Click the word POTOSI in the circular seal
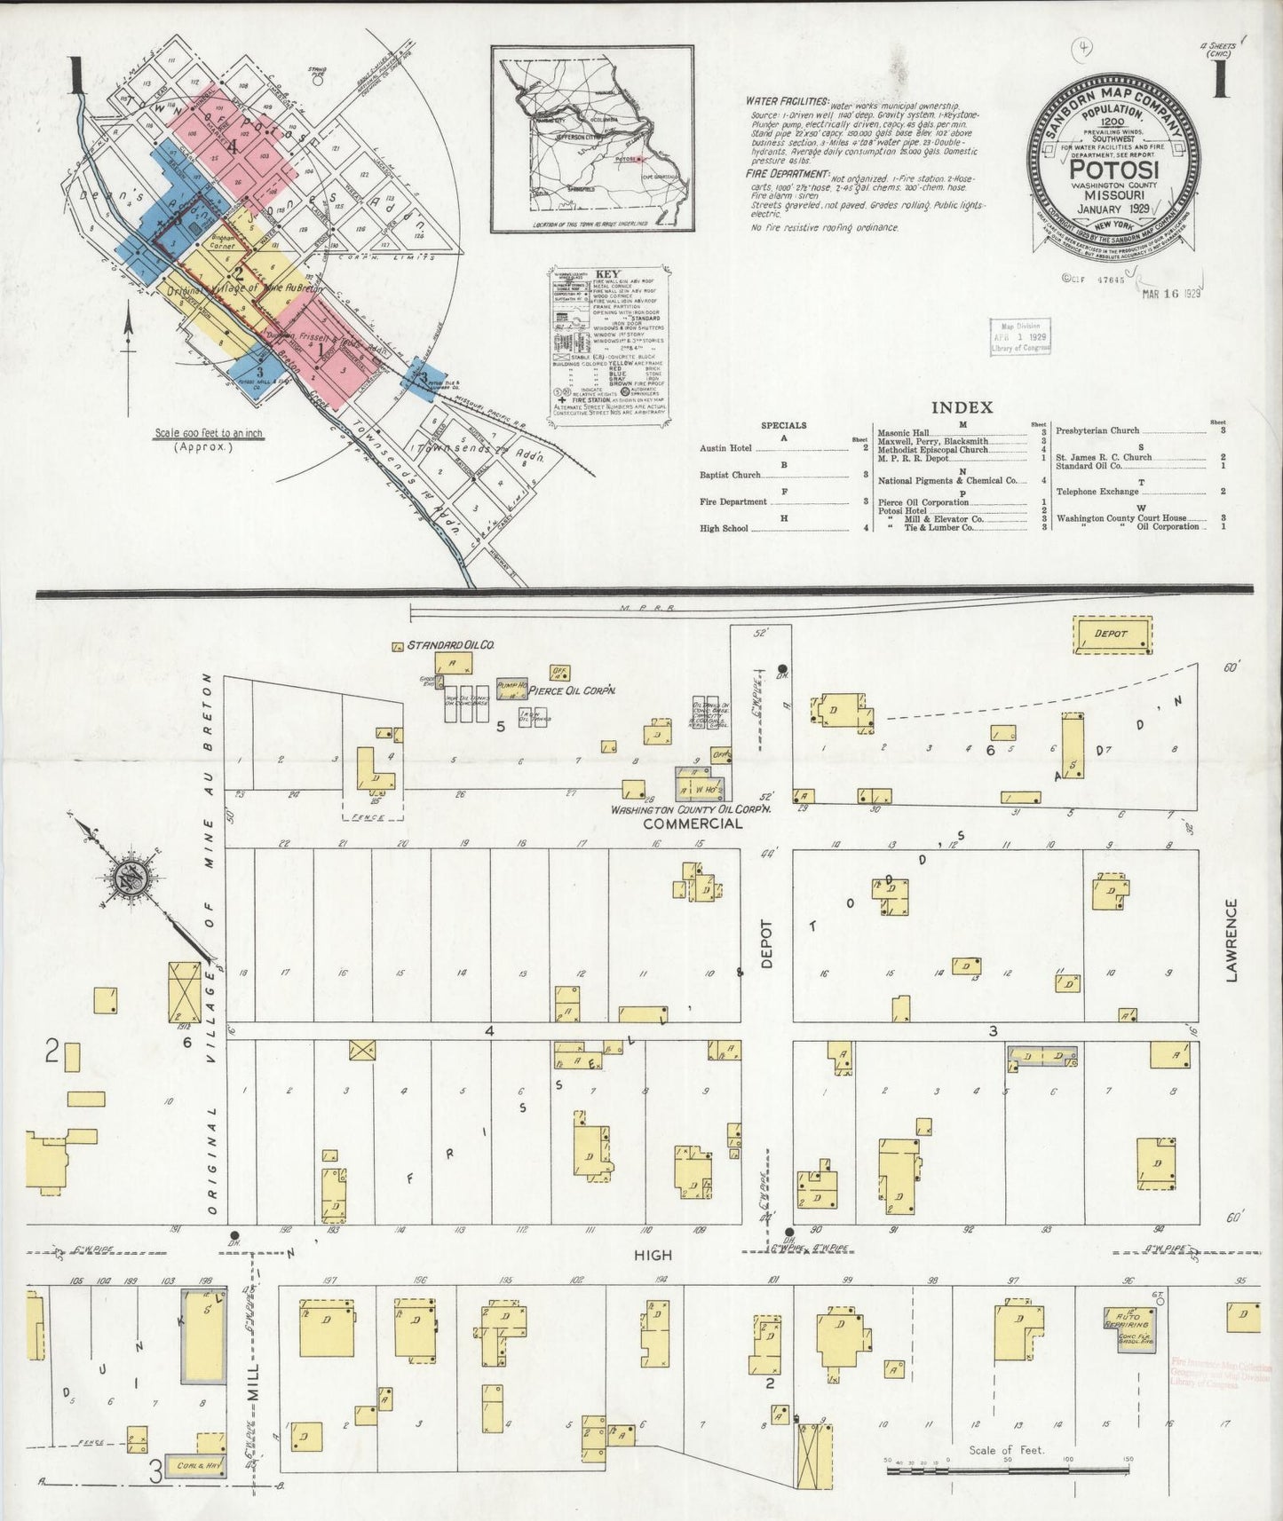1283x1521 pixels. [1113, 169]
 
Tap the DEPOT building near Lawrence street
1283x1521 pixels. [1112, 634]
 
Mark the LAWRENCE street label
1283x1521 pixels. [1231, 940]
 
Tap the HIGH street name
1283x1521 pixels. [653, 1255]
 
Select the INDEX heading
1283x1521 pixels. [961, 407]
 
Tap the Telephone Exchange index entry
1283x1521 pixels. [1097, 492]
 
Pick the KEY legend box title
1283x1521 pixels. [608, 273]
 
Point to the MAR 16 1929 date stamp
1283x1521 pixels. [1171, 295]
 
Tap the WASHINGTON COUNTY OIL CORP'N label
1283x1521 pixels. [690, 808]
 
